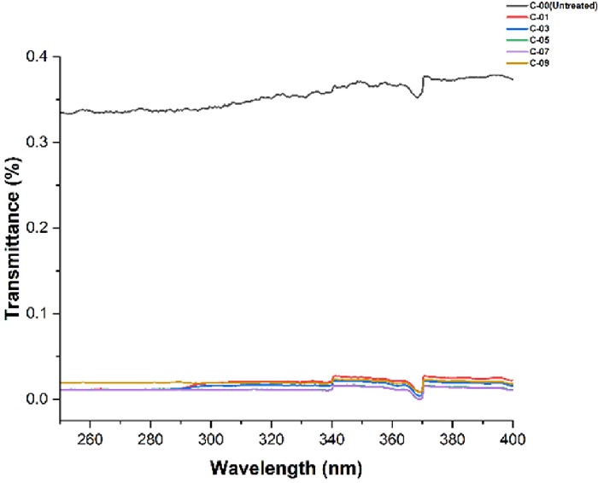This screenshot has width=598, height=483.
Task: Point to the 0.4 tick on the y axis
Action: (x=37, y=57)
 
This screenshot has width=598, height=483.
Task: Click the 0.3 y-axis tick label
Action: (x=37, y=143)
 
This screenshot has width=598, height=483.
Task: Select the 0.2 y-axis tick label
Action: (x=37, y=228)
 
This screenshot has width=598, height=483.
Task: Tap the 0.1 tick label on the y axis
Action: (x=37, y=314)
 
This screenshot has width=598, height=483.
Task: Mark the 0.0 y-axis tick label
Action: (x=37, y=399)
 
